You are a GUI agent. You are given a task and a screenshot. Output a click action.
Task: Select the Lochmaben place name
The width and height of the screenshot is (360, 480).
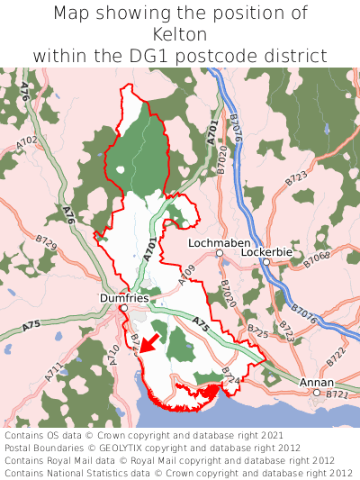coord(212,243)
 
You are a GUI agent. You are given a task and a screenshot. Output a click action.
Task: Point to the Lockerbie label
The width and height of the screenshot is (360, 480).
coord(266,252)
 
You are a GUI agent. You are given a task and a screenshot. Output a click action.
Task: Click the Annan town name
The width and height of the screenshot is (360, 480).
coord(315,383)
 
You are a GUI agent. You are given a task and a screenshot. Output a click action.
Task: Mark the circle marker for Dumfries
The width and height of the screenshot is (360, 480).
coord(124,308)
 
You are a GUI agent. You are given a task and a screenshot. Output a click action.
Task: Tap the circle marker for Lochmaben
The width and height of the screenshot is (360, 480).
coord(220,254)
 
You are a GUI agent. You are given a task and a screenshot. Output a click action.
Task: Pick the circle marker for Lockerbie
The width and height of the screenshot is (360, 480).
coord(265,262)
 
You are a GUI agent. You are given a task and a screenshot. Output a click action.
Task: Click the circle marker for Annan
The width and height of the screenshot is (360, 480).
coord(317,393)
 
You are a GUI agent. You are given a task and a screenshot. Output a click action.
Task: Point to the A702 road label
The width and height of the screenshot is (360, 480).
coord(26,141)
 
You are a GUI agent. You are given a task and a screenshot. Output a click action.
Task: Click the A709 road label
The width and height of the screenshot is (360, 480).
coord(186,276)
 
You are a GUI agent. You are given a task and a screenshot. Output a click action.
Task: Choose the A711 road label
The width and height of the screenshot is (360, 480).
coord(53,371)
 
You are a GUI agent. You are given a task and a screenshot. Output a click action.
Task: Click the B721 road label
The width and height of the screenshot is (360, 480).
coord(337,395)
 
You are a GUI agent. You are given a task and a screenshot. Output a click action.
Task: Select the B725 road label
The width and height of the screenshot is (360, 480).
coord(258,334)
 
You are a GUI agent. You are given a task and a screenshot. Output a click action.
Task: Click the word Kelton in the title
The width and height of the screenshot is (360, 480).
coord(180,34)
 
